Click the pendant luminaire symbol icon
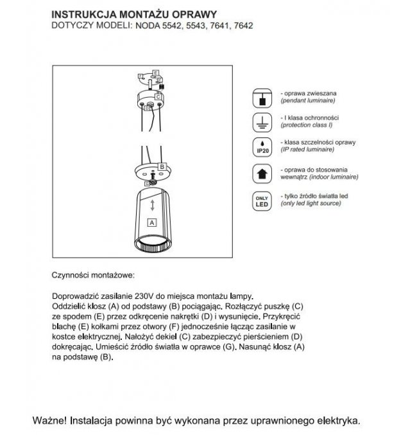click(x=262, y=98)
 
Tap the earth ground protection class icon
click(x=262, y=122)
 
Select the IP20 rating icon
click(x=262, y=147)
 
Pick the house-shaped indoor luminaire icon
click(x=262, y=173)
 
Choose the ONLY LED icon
click(x=262, y=200)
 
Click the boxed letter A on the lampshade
click(x=152, y=222)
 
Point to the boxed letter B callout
click(x=162, y=166)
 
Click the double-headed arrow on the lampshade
click(x=152, y=206)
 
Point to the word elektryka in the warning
click(x=333, y=422)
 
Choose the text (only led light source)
click(x=315, y=203)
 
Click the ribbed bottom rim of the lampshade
click(x=151, y=247)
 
